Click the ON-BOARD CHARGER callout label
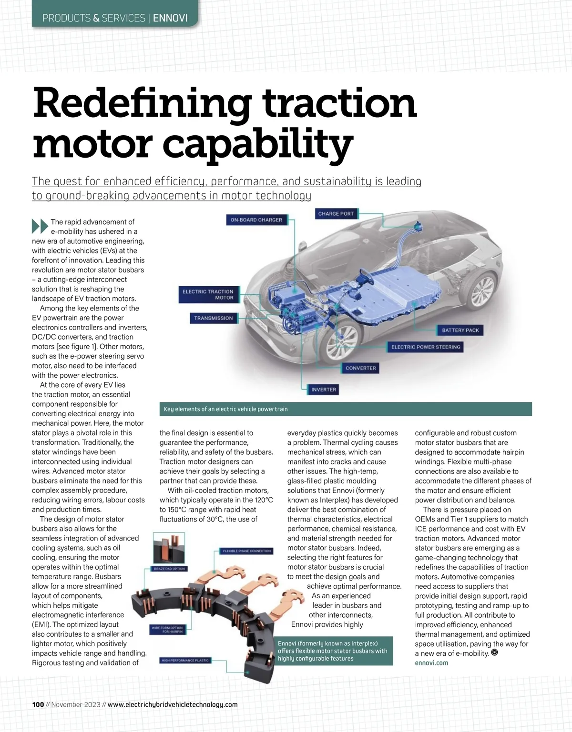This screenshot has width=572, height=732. tap(256, 220)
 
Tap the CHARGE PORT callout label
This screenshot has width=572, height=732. tap(336, 214)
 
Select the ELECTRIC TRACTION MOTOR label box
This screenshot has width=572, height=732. tap(208, 294)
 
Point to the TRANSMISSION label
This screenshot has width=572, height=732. tap(213, 318)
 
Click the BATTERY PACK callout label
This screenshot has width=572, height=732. tap(460, 330)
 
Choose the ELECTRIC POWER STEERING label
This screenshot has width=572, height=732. tap(426, 347)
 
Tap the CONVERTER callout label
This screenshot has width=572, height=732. tap(361, 368)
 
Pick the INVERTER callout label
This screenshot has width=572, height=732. tap(324, 390)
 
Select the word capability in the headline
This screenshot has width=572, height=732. tap(260, 144)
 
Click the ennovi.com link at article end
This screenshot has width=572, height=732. tap(431, 663)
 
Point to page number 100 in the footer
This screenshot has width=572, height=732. tap(38, 705)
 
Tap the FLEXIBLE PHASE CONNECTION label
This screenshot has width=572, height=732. tap(246, 551)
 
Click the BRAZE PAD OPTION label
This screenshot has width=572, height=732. tap(169, 569)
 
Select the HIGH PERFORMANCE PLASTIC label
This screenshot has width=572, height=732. tap(184, 661)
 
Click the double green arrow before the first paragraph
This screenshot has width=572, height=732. tap(40, 226)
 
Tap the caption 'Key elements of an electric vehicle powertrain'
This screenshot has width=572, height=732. tap(225, 409)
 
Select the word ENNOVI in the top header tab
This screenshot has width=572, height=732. tap(170, 19)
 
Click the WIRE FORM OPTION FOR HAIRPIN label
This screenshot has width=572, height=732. tap(167, 630)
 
